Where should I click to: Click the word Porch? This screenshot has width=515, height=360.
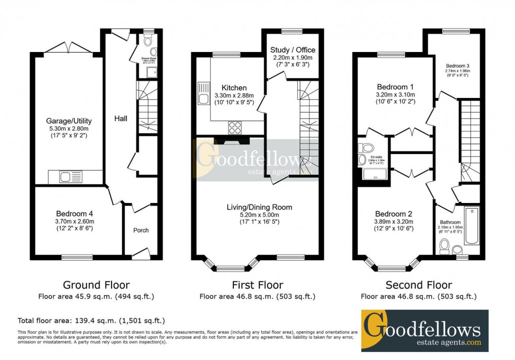coord(141,230)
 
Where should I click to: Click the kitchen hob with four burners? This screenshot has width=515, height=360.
coord(235,127)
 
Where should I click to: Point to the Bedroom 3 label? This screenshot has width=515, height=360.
coord(457,66)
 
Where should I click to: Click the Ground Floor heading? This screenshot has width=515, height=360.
coord(96,285)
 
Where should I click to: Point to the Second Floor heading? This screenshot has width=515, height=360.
coord(419,285)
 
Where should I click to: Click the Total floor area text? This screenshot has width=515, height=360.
coord(91,321)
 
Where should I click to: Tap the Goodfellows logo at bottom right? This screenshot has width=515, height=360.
coord(425,331)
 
